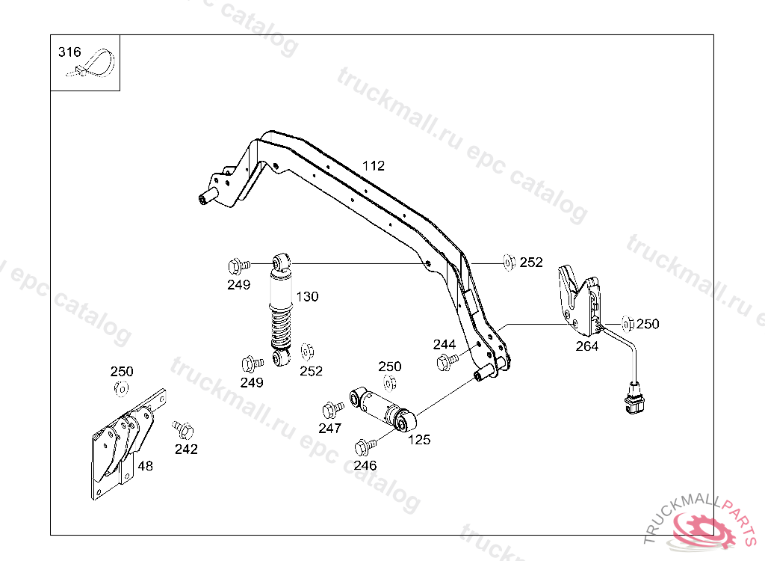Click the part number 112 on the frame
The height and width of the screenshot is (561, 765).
(374, 165)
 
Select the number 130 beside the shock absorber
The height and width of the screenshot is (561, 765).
(307, 296)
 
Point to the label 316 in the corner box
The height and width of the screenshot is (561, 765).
(69, 52)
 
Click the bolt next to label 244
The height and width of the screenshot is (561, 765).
(447, 362)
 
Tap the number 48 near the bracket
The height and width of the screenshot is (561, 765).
(146, 465)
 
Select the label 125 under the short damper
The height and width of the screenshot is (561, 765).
(419, 440)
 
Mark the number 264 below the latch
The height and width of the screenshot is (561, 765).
(586, 346)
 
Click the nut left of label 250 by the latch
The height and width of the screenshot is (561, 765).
(627, 324)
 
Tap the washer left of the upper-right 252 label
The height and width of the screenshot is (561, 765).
(509, 262)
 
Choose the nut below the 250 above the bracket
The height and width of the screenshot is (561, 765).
(120, 388)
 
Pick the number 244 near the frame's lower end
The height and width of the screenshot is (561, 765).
(444, 344)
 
